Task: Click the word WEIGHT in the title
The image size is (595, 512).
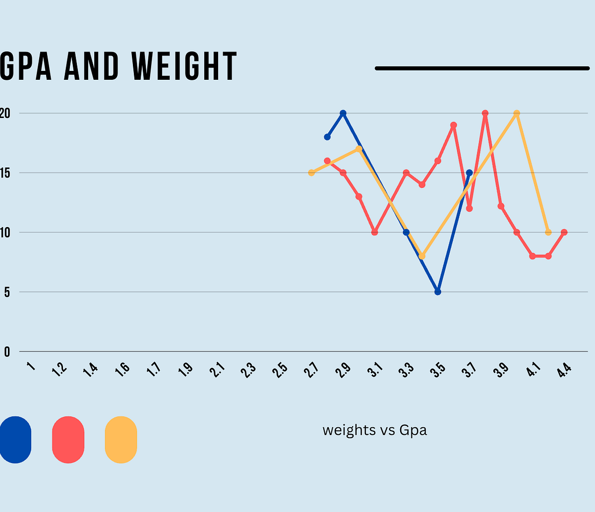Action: [x=184, y=67]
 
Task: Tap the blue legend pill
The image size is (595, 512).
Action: [x=15, y=440]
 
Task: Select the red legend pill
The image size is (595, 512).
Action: [x=68, y=440]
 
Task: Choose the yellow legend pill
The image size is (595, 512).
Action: [x=121, y=440]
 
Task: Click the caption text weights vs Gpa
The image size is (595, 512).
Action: [x=374, y=430]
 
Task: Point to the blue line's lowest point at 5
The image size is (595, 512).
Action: [x=438, y=292]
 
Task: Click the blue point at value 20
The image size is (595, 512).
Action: [x=343, y=113]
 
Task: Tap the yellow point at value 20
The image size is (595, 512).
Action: [x=517, y=113]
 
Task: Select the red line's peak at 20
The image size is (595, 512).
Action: [x=485, y=113]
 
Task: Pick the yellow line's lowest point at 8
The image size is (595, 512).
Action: [x=422, y=256]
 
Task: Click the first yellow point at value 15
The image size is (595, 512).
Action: [x=311, y=172]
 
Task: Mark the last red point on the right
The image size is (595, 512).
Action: [x=564, y=232]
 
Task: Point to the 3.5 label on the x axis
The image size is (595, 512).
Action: [x=438, y=370]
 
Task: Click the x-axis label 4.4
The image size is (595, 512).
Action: [x=564, y=370]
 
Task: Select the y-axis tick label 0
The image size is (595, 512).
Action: [x=7, y=352]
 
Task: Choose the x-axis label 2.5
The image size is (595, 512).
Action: [x=280, y=370]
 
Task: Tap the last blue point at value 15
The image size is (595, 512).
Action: [x=469, y=172]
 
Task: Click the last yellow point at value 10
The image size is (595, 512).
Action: [x=548, y=232]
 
